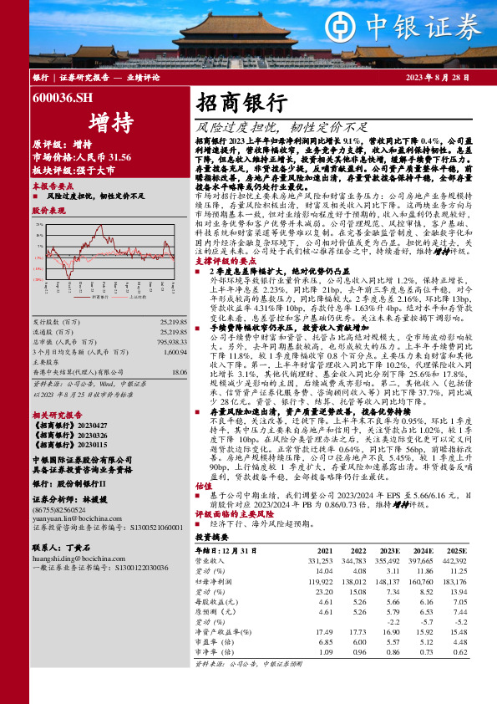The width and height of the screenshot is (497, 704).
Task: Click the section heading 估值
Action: [x=203, y=485]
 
